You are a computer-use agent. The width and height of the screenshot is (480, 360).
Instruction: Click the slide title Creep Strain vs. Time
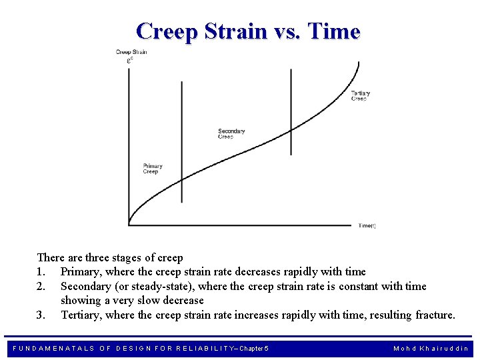[247, 31]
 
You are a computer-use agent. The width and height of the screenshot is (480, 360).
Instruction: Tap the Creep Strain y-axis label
[131, 53]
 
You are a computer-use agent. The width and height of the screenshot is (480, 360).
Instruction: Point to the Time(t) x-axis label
[367, 226]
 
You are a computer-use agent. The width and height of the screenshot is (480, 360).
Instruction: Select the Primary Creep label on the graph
[152, 169]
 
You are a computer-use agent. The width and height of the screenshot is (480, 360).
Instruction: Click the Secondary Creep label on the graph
[231, 134]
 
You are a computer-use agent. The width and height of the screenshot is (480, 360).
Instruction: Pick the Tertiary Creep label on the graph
[360, 95]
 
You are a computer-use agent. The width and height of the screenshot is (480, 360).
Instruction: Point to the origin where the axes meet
[129, 225]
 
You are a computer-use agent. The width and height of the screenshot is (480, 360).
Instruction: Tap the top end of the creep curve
[359, 63]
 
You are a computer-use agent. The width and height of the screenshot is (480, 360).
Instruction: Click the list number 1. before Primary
[41, 272]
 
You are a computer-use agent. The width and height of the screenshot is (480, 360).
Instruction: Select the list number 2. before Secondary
[41, 287]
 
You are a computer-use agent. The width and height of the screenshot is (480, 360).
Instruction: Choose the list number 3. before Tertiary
[41, 315]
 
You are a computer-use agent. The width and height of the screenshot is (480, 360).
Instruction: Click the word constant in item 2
[359, 287]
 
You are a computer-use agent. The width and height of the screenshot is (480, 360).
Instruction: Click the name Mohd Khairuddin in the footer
[431, 349]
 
